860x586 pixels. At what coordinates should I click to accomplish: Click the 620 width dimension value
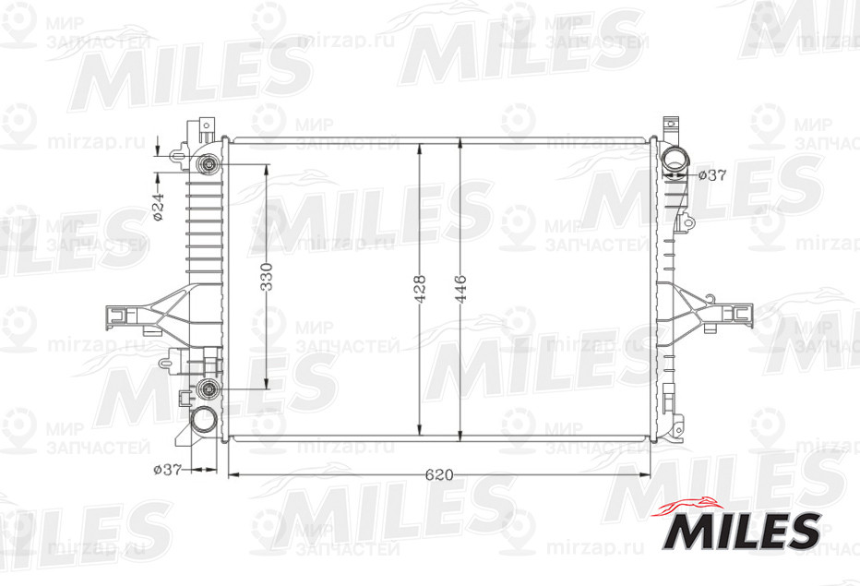point(438,474)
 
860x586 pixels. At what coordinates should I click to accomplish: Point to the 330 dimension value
point(267,276)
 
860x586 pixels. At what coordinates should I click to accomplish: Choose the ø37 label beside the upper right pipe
point(712,174)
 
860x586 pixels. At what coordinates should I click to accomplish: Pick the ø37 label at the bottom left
point(167,469)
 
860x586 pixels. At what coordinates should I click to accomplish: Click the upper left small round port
point(209,165)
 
